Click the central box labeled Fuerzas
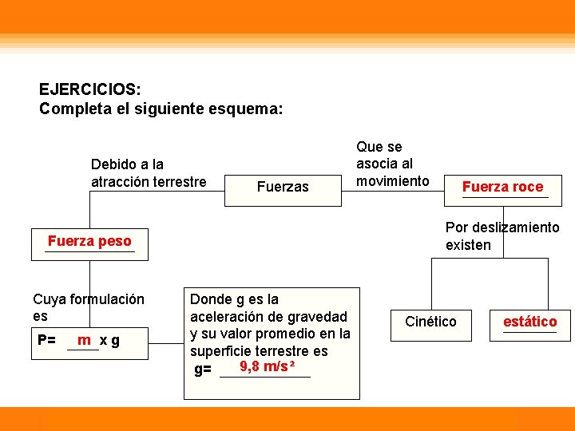pos(282,187)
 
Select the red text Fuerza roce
pos(502,187)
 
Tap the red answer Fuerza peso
pos(89,241)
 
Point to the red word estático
pos(529,322)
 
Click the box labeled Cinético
pos(430,322)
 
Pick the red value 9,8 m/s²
pos(268,367)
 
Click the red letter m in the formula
pos(83,340)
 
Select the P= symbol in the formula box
pos(46,341)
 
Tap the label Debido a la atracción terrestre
pos(149,173)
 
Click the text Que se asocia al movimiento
pos(392,164)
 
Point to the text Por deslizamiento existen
pos(502,236)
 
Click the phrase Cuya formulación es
pos(89,307)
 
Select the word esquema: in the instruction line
pos(246,108)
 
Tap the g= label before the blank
pos(204,370)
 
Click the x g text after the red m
pos(110,341)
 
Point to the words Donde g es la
pos(234,299)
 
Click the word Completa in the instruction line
pos(72,108)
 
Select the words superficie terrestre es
pos(259,351)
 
